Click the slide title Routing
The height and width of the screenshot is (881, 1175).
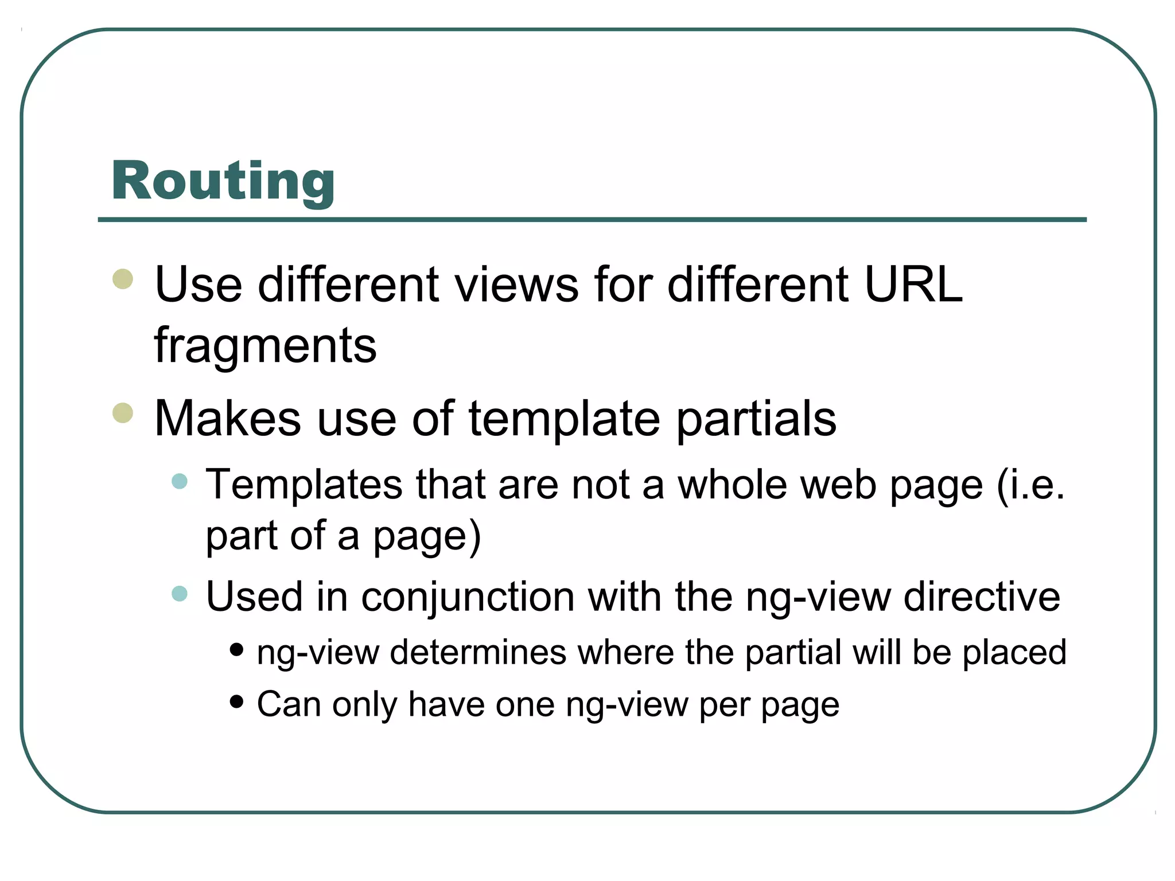[x=223, y=181]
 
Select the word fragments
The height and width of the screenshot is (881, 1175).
[x=265, y=346]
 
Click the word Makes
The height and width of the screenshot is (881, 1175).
[x=227, y=418]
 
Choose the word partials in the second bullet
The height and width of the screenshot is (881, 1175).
[x=756, y=419]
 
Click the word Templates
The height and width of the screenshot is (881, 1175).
[x=304, y=485]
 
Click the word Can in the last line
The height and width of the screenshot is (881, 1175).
[x=289, y=704]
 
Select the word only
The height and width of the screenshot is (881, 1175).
[x=364, y=705]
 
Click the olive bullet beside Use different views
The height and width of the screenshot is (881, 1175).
[x=123, y=279]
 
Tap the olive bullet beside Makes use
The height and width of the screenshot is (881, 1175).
[x=123, y=412]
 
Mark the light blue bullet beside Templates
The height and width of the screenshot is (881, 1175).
[x=180, y=481]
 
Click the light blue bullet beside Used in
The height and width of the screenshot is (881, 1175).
[x=180, y=593]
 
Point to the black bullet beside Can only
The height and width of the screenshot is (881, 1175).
[x=236, y=701]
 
